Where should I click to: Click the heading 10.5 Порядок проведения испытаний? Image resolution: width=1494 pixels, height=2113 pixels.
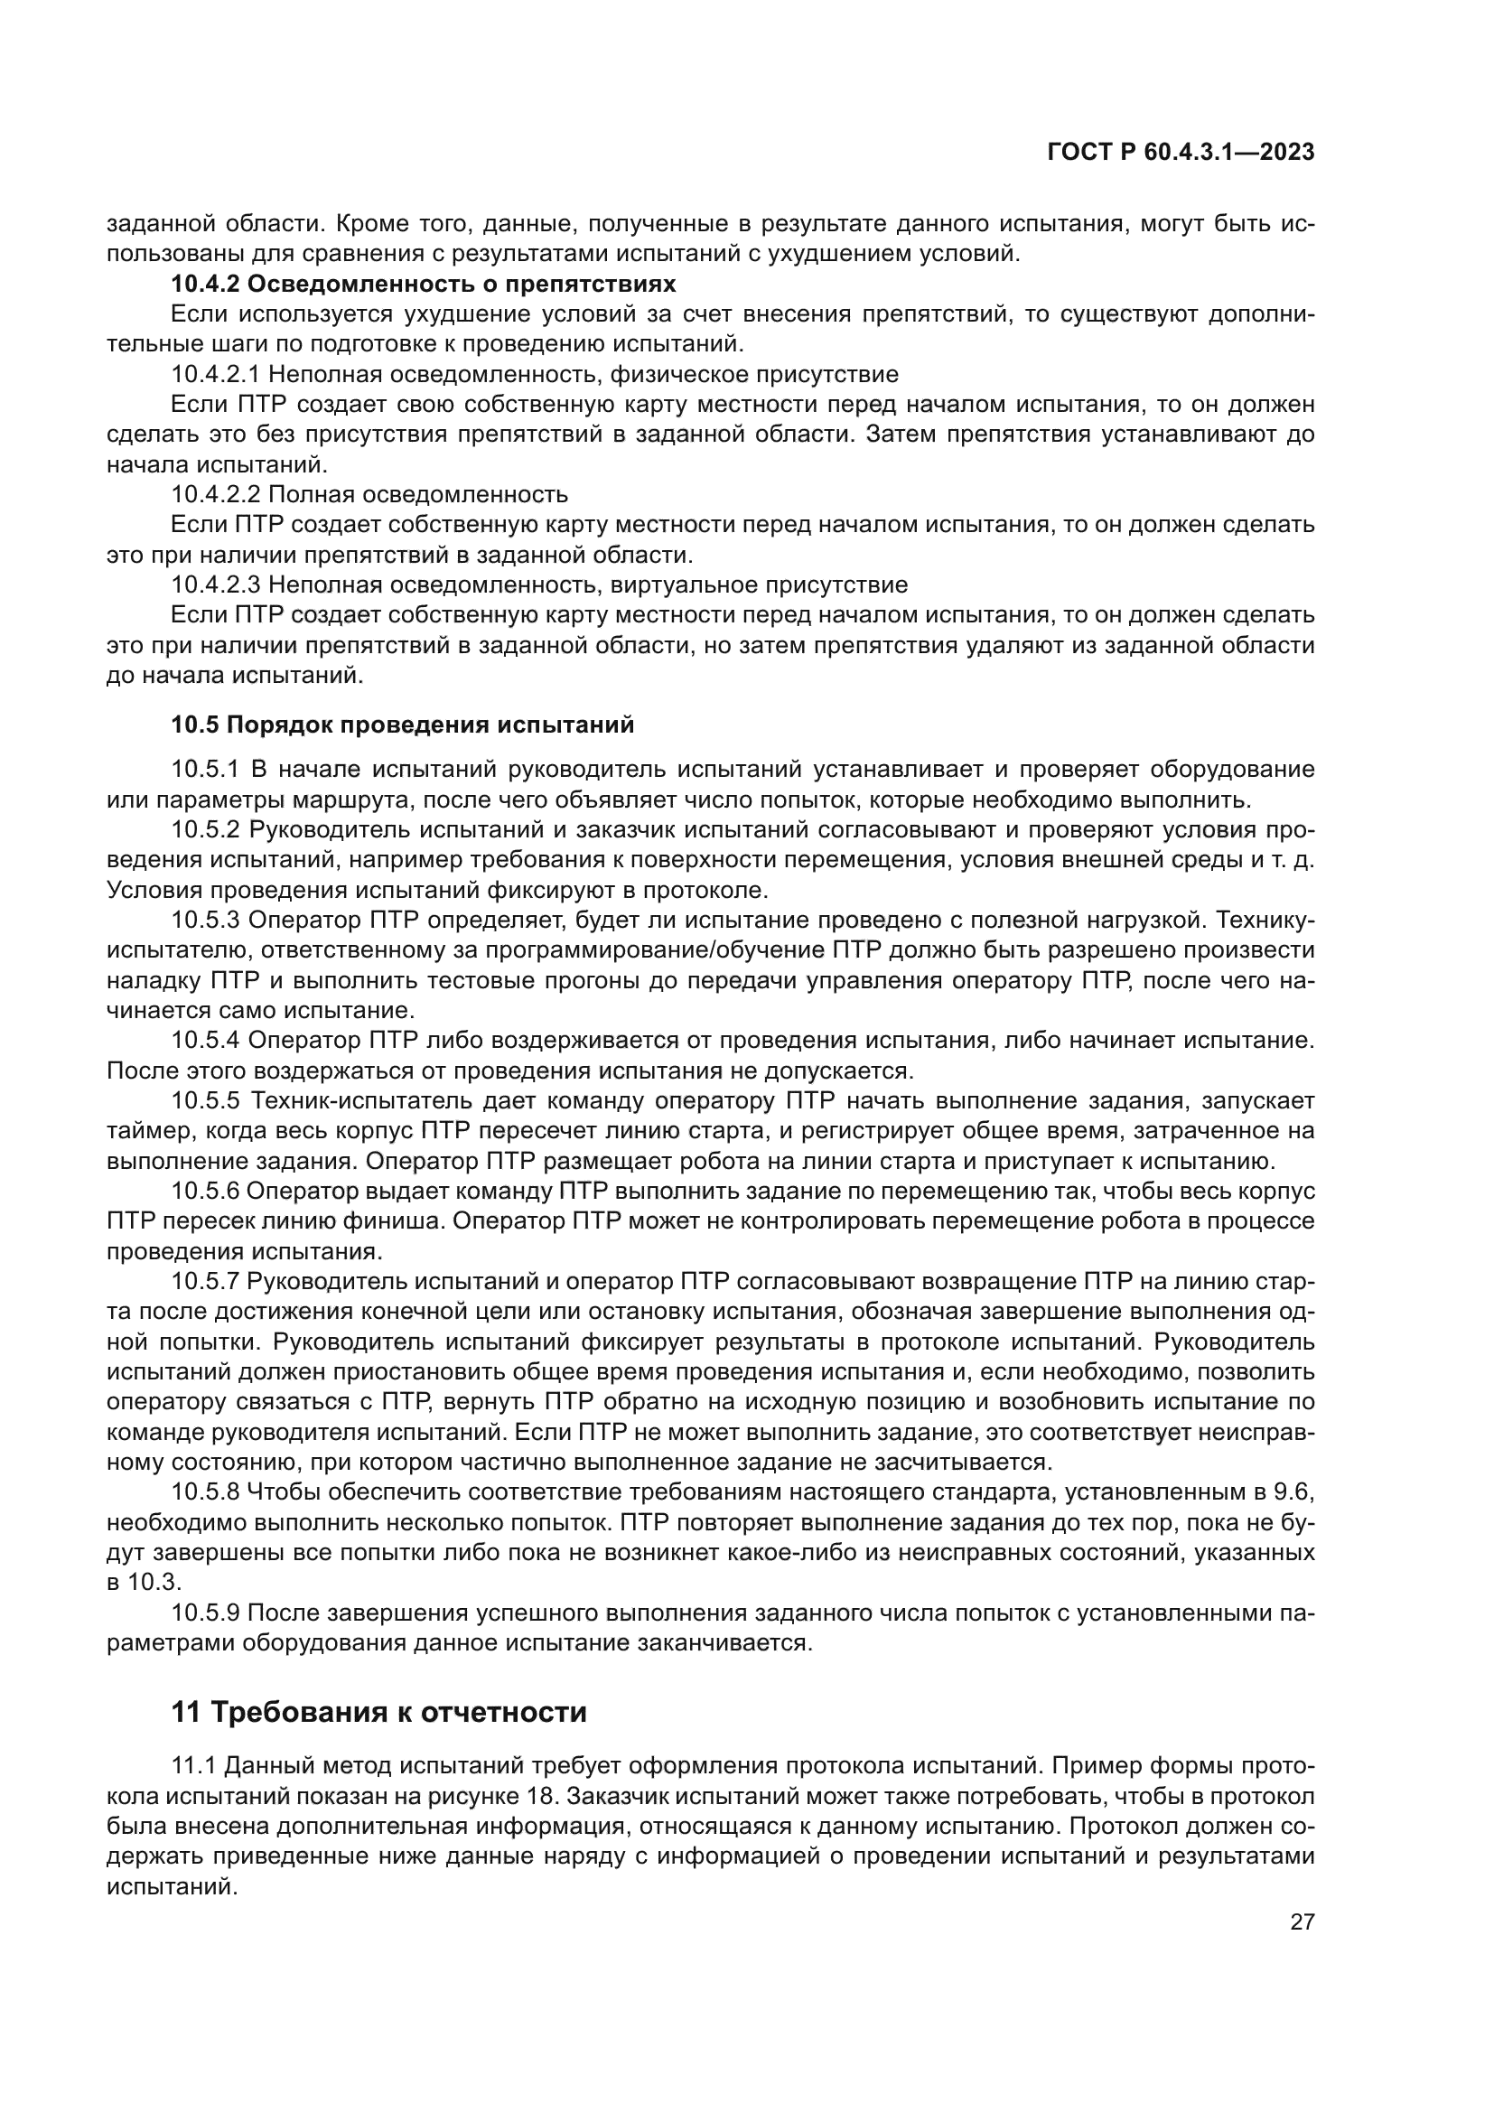(402, 725)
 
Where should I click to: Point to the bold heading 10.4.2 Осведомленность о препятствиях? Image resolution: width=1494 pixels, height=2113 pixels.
(423, 284)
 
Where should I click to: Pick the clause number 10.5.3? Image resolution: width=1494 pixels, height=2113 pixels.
(205, 920)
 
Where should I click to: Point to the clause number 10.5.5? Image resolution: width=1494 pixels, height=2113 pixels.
(205, 1100)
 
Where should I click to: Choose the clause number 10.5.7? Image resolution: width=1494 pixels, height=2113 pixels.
(205, 1281)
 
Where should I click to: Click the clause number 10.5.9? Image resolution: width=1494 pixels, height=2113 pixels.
(205, 1613)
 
